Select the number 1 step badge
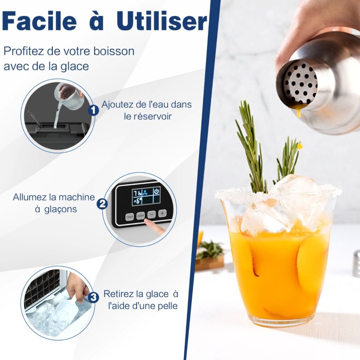93,111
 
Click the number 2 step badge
102,203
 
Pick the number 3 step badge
93,298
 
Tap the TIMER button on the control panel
129,217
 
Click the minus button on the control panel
151,214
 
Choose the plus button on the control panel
162,213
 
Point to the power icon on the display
157,191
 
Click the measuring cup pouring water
69,95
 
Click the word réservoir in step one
148,117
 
